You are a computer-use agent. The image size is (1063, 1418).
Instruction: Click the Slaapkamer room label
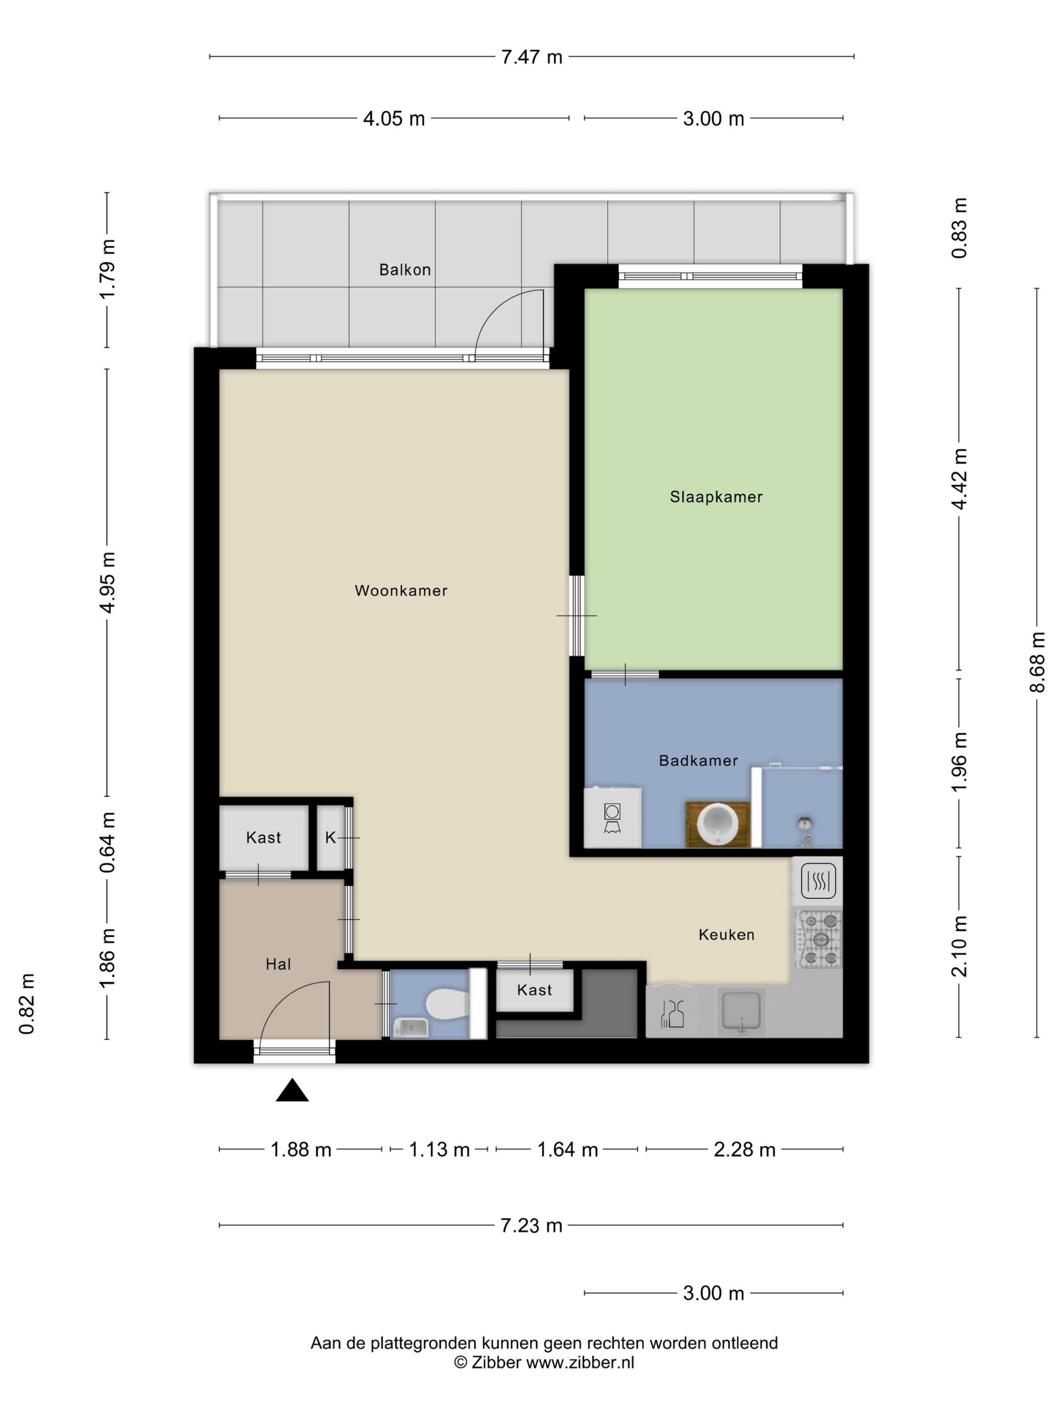(x=716, y=497)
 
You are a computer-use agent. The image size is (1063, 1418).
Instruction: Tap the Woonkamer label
(x=401, y=590)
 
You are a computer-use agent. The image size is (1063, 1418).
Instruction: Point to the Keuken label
(x=726, y=935)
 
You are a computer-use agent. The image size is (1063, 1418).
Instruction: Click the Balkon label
(x=405, y=270)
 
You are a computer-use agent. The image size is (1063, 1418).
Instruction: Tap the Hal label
(x=278, y=964)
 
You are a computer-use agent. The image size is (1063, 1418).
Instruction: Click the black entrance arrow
(x=292, y=1090)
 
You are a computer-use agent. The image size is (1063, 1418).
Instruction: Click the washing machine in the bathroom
(x=612, y=818)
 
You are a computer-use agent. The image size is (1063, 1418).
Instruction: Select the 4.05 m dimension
(x=394, y=119)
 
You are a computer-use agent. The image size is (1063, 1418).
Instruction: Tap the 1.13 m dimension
(x=439, y=1150)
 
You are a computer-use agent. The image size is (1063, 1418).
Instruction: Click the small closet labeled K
(x=331, y=837)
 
